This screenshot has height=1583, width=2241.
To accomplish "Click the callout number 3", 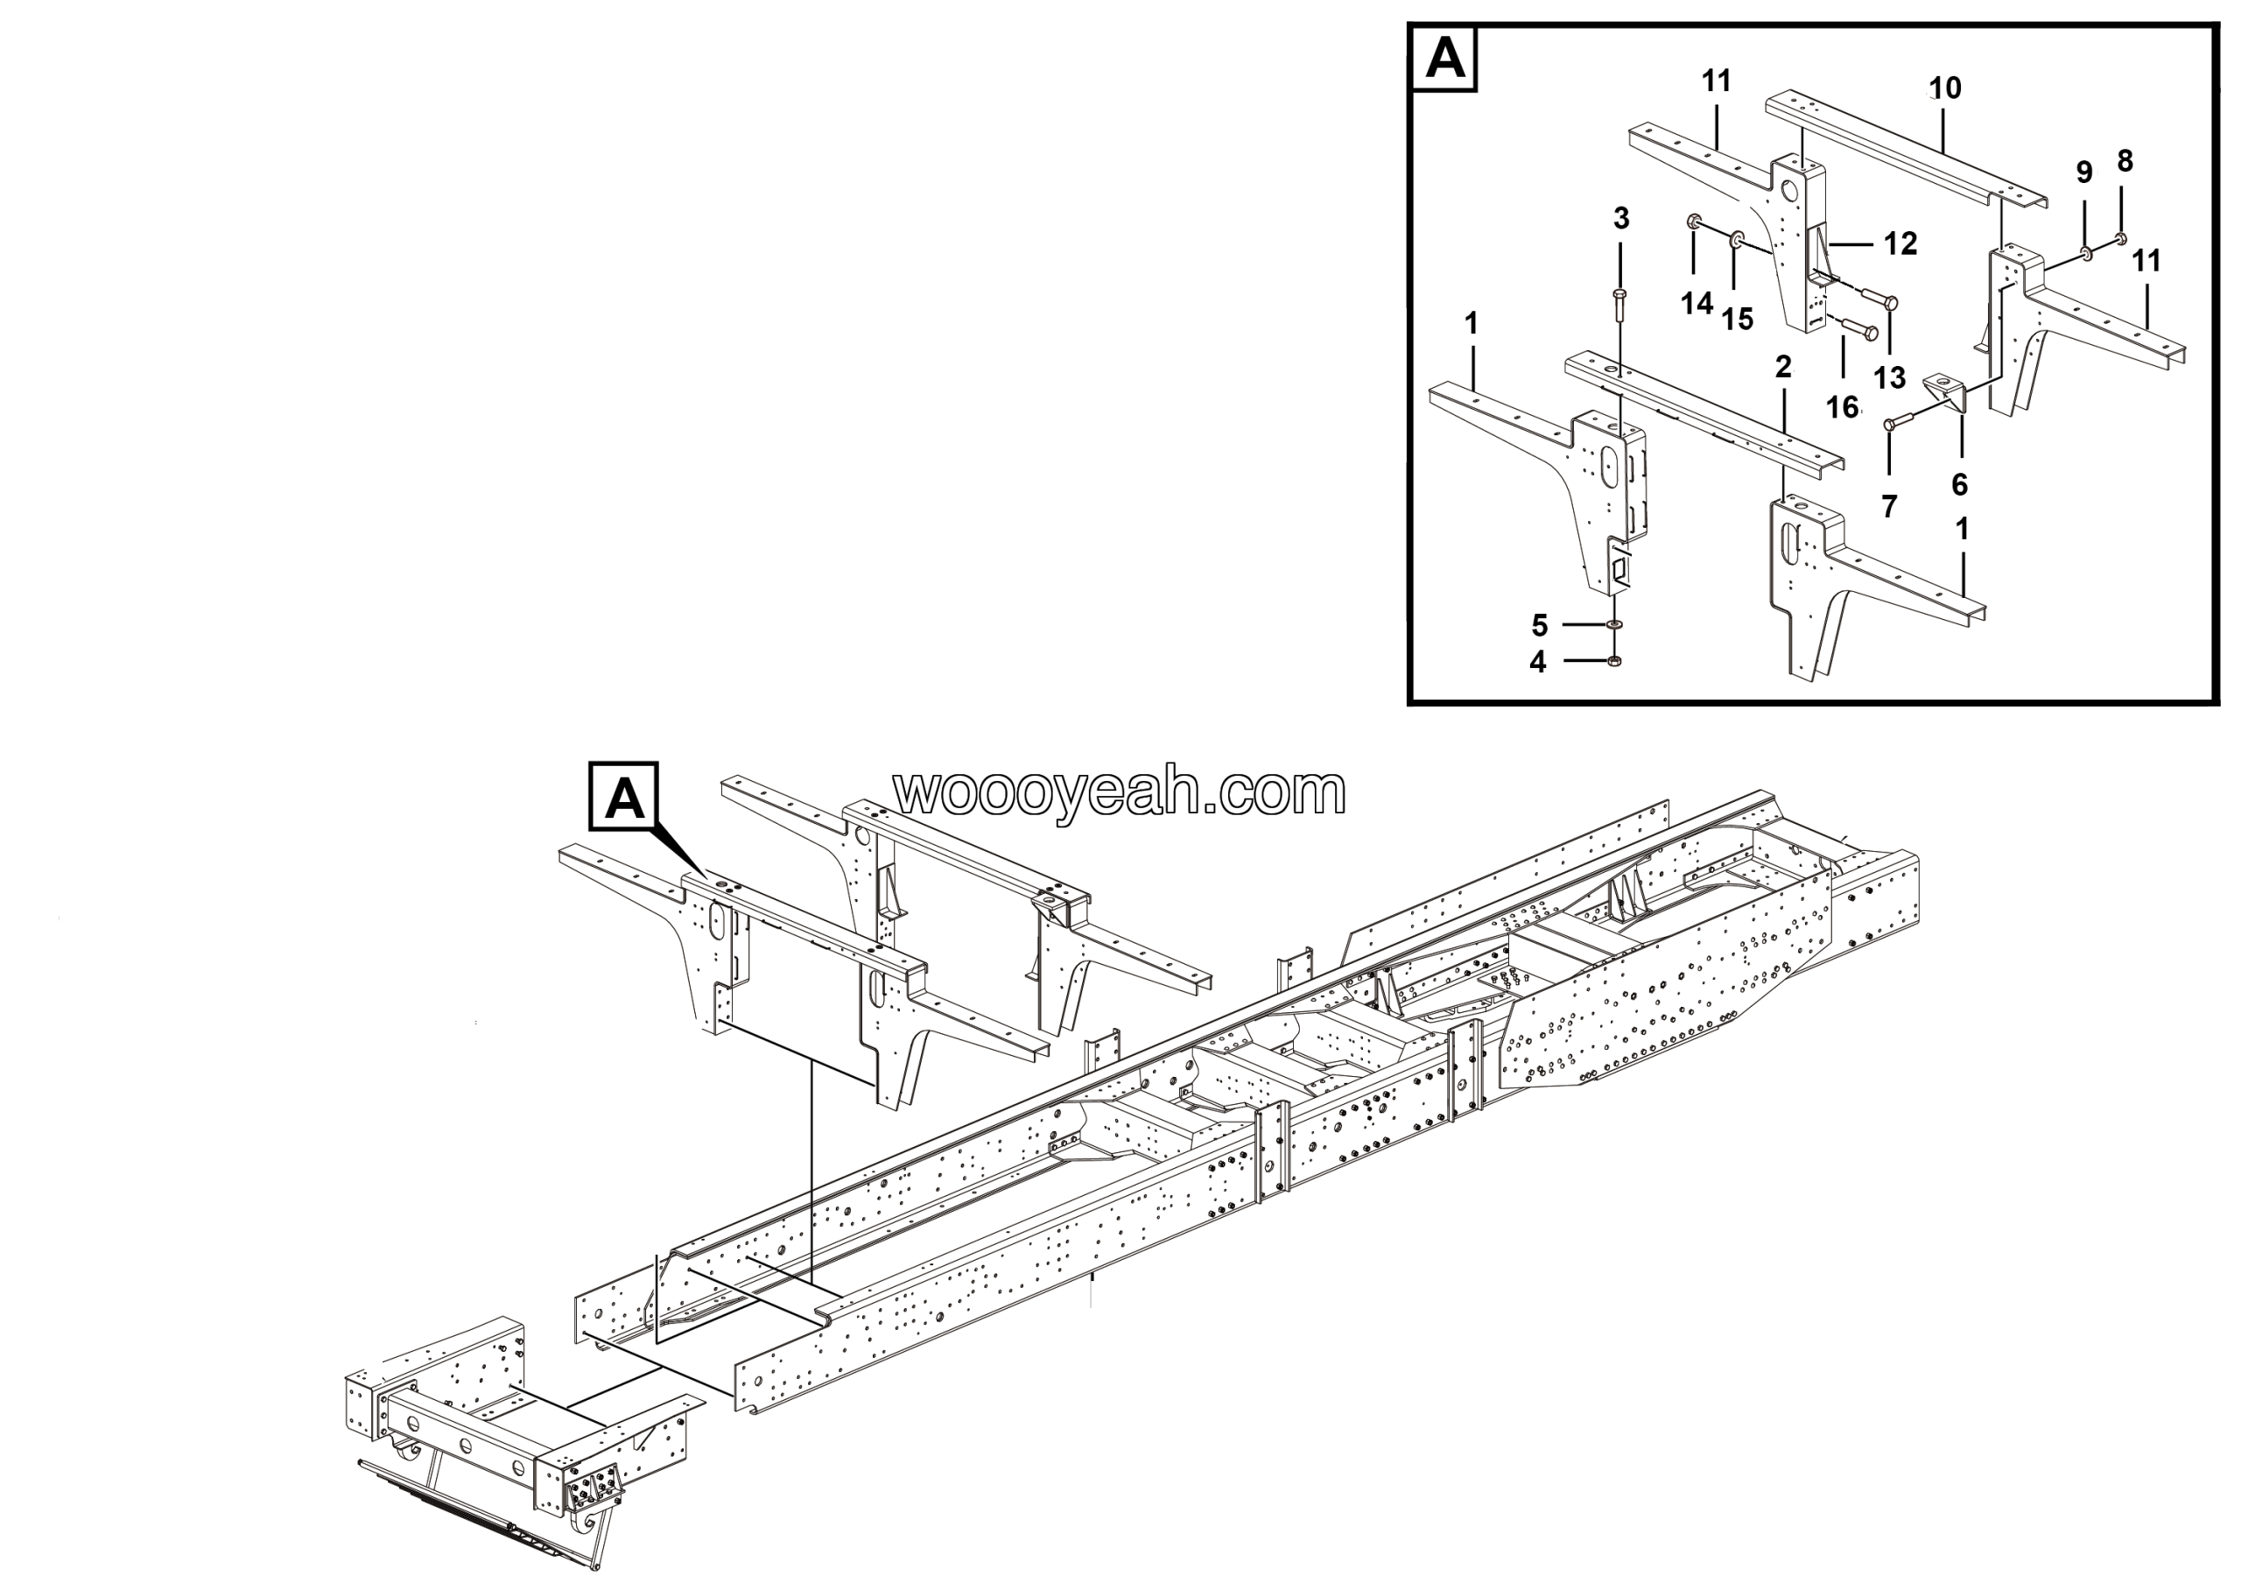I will (x=1621, y=218).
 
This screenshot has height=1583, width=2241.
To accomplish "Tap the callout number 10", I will (x=1944, y=88).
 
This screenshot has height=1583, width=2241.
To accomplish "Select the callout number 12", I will (x=1900, y=243).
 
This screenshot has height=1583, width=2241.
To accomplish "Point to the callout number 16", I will (x=1842, y=407).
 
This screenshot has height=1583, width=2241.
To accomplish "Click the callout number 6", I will (x=1959, y=484).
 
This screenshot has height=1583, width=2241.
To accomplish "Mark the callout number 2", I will (x=1783, y=367).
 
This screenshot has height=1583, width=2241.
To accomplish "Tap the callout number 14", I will (x=1697, y=304).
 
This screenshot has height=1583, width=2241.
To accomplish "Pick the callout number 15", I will (x=1738, y=318).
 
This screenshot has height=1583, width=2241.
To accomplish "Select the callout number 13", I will (x=1890, y=377).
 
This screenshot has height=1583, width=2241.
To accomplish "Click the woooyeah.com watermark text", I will (x=1120, y=791).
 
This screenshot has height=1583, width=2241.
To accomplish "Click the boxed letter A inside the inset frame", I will (x=1444, y=59).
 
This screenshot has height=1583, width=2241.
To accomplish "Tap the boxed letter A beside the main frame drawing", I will (x=625, y=798).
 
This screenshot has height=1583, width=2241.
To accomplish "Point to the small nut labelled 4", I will (x=1614, y=662).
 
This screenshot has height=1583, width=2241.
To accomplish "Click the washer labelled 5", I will (x=1615, y=624).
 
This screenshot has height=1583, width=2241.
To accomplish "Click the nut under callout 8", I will (x=2122, y=237).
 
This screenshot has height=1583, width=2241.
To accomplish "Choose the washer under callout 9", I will (x=2086, y=253).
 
